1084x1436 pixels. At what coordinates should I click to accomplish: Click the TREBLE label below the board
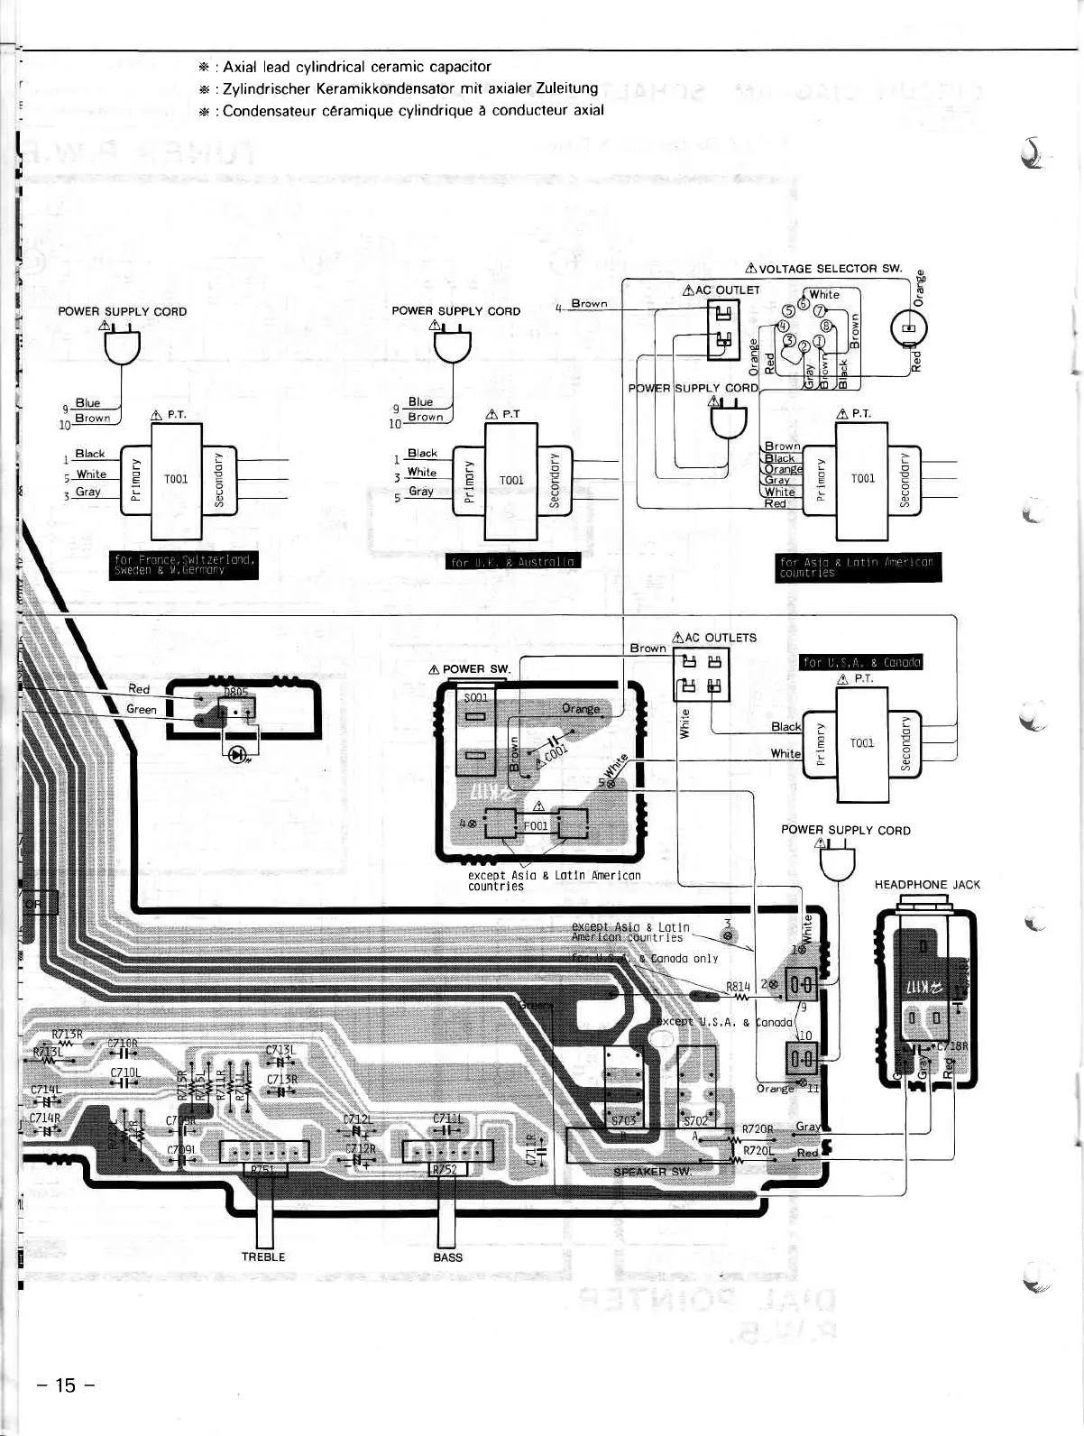pyautogui.click(x=263, y=1256)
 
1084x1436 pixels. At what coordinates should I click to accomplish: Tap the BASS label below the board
pyautogui.click(x=447, y=1256)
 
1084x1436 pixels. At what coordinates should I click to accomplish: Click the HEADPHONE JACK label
pyautogui.click(x=927, y=885)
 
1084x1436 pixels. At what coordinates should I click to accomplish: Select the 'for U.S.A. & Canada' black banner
pyautogui.click(x=860, y=662)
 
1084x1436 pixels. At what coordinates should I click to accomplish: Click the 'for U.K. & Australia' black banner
pyautogui.click(x=514, y=562)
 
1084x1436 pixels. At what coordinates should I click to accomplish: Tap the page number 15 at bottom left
pyautogui.click(x=66, y=1385)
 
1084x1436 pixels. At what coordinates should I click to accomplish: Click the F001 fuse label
pyautogui.click(x=536, y=825)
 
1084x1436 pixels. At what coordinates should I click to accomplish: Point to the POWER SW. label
pyautogui.click(x=475, y=669)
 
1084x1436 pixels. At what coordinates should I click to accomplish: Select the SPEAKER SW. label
pyautogui.click(x=652, y=1171)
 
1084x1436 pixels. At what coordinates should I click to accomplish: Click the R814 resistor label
pyautogui.click(x=738, y=986)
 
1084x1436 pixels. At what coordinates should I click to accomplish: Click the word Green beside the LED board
pyautogui.click(x=142, y=709)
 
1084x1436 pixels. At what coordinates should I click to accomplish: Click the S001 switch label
pyautogui.click(x=475, y=698)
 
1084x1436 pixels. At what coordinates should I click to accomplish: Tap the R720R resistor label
pyautogui.click(x=758, y=1129)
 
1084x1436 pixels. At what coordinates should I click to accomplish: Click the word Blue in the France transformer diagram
pyautogui.click(x=87, y=402)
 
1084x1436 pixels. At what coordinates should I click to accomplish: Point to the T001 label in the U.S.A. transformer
pyautogui.click(x=861, y=743)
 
